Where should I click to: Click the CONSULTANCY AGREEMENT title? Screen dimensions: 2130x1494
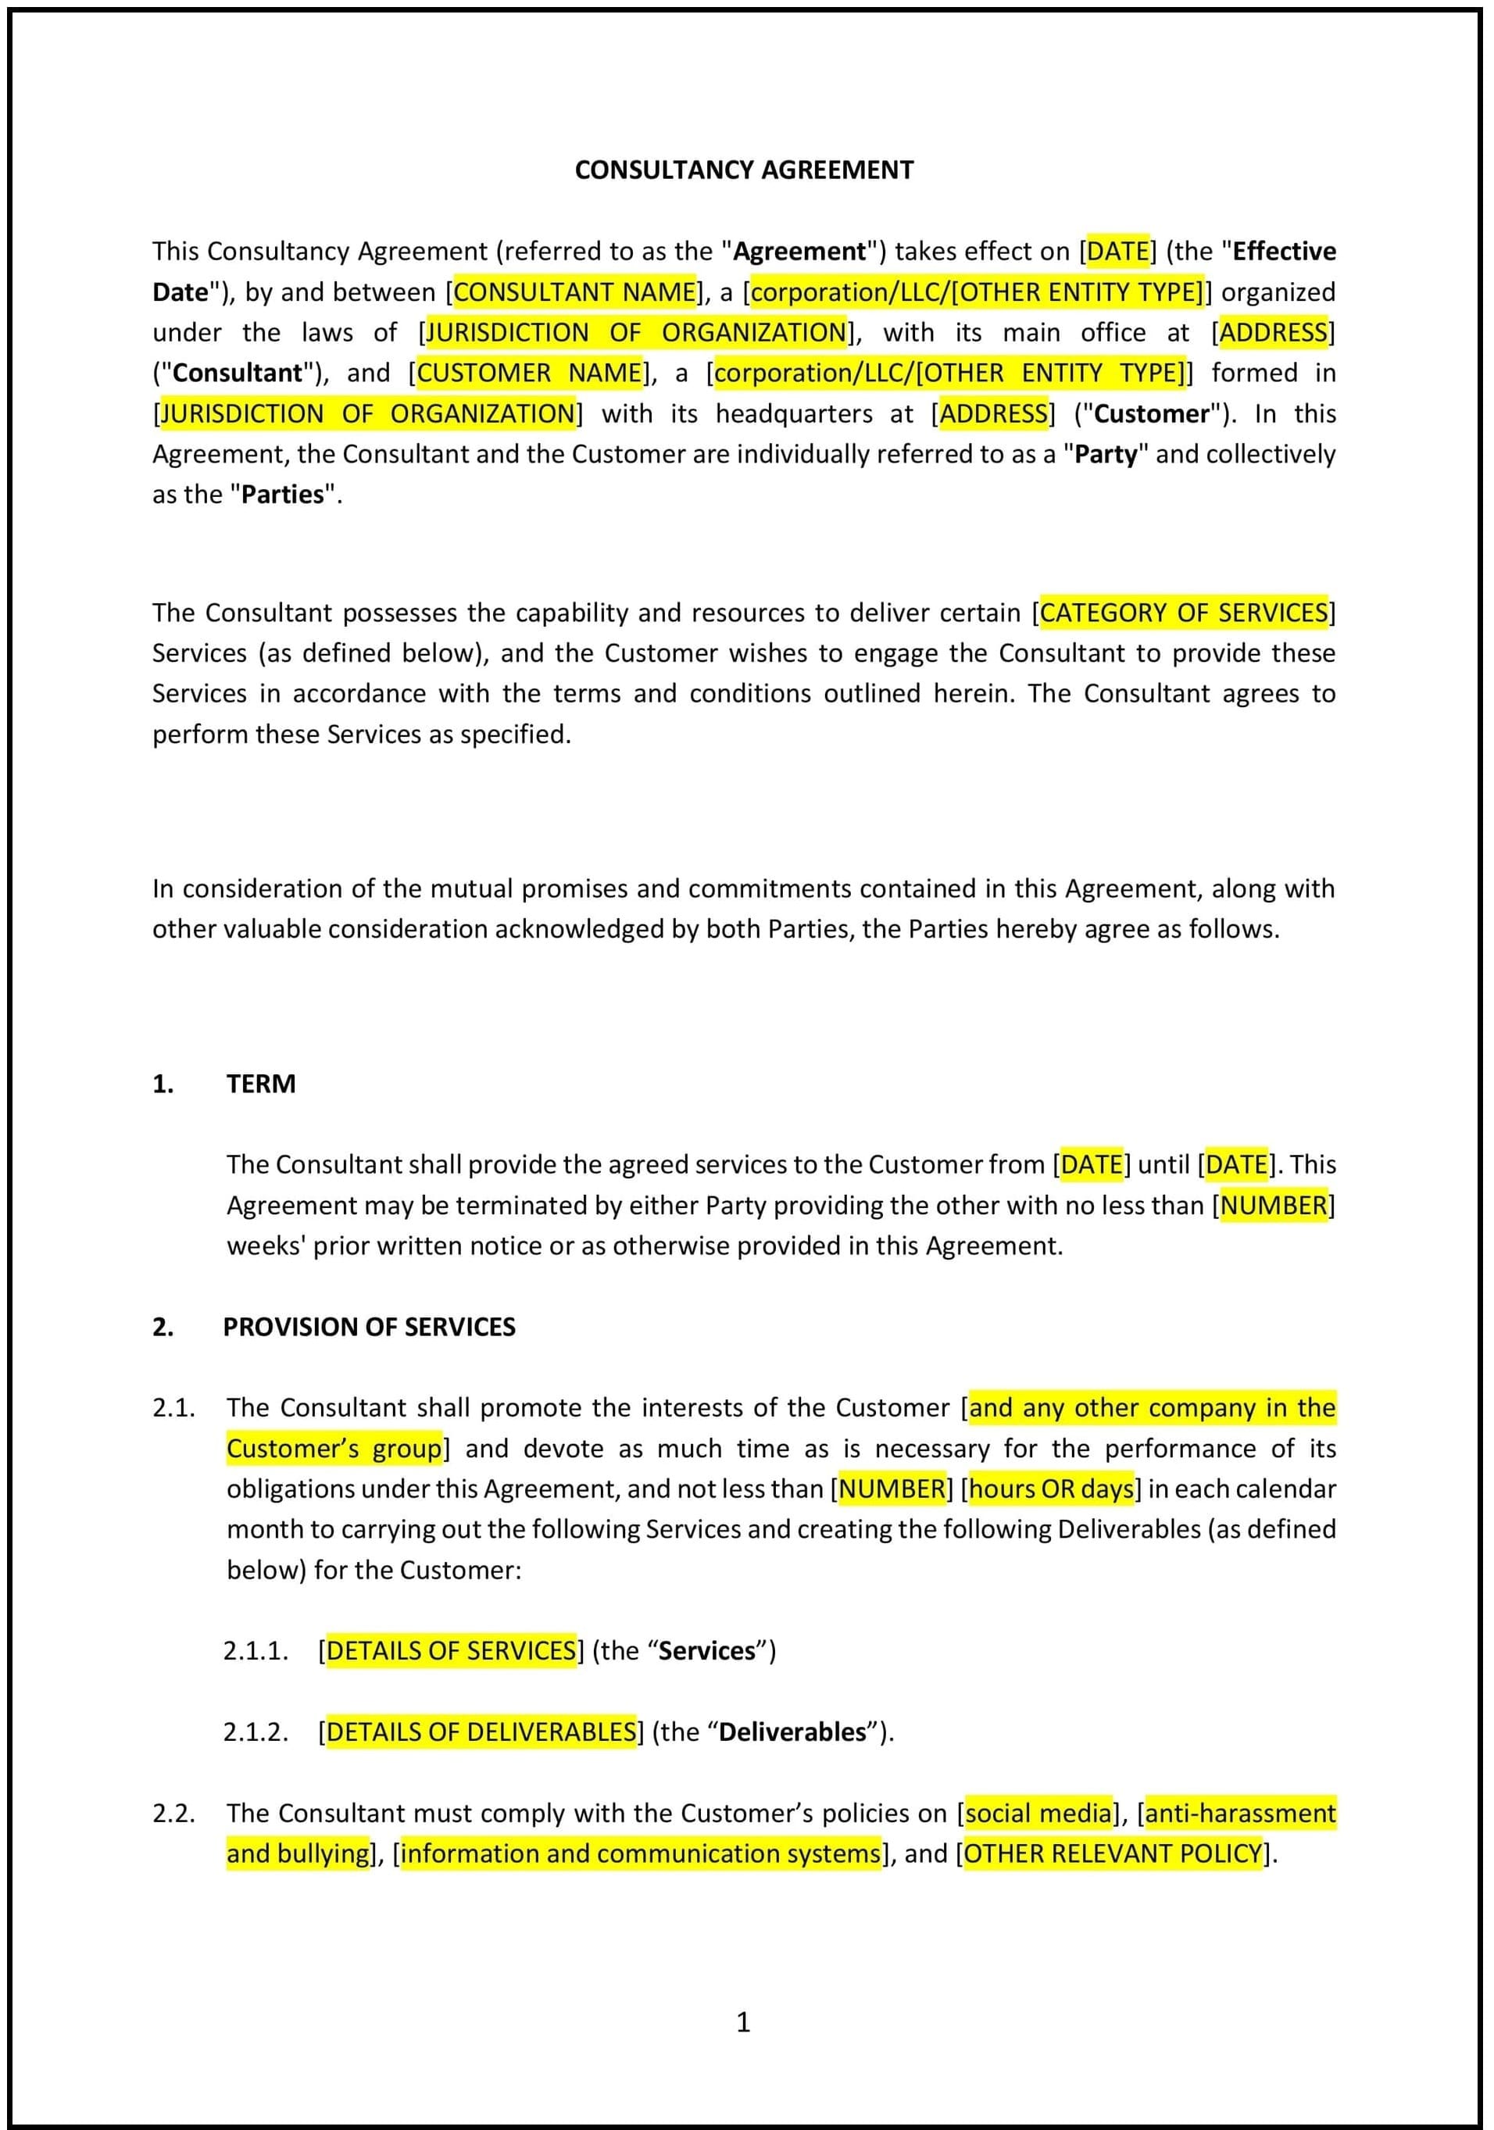(x=743, y=170)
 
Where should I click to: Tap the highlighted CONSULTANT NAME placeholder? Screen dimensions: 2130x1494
(x=574, y=292)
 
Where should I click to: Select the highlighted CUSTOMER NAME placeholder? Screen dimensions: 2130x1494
(x=529, y=373)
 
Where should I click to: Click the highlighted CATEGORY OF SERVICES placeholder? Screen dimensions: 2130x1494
(x=1183, y=613)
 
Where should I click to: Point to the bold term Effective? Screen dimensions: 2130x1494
(x=1283, y=252)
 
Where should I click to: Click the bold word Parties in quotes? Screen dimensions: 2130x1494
(x=282, y=495)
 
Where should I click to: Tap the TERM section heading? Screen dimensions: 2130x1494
(x=261, y=1084)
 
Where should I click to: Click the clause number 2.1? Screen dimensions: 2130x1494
(x=173, y=1407)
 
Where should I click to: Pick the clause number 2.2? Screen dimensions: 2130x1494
(x=173, y=1813)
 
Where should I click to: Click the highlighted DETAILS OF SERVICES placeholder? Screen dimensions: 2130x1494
(x=451, y=1650)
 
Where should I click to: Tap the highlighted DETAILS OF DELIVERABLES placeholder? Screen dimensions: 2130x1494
(x=481, y=1732)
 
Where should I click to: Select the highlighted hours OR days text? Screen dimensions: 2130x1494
(x=1050, y=1489)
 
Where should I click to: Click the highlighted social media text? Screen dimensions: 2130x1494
(x=1038, y=1813)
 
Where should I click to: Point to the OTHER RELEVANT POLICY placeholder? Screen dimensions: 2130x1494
(x=1113, y=1853)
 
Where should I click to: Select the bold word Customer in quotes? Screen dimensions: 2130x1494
(x=1151, y=414)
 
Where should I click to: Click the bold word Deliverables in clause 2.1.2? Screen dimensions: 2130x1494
(x=792, y=1732)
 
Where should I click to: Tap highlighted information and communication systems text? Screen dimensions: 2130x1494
(x=640, y=1853)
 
